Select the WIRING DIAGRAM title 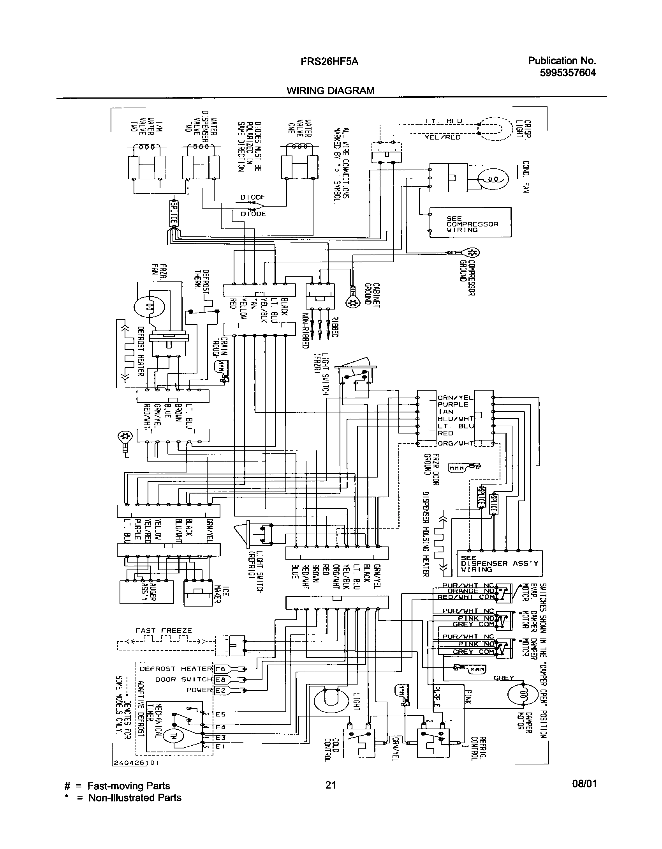330,90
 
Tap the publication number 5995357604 568,73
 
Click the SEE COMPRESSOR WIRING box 470,222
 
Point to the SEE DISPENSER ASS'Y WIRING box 500,564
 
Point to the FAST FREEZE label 164,630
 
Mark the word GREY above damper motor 504,678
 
